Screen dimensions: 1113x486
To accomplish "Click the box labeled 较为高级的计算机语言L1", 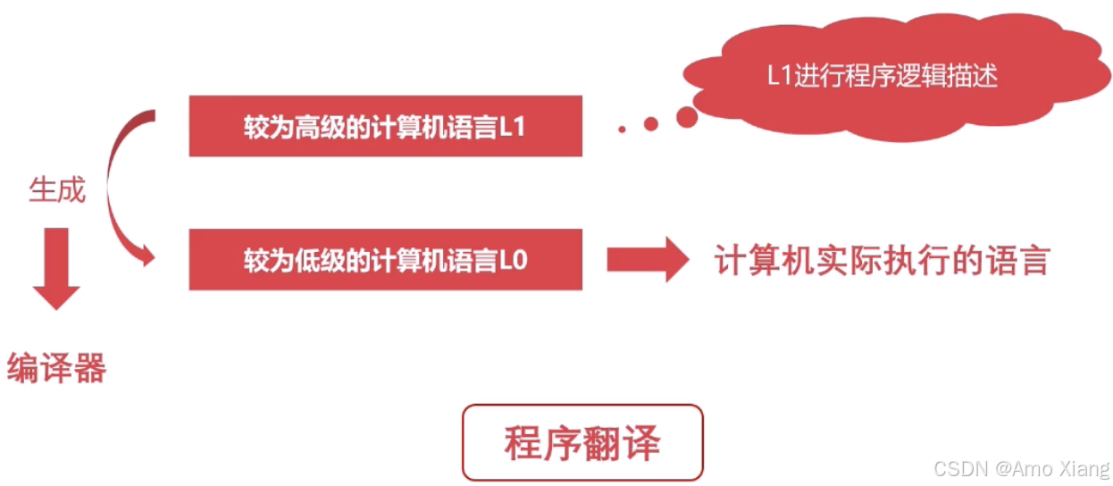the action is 385,126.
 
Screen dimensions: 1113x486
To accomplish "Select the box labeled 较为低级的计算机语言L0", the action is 385,260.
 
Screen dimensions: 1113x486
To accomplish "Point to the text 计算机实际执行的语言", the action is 881,260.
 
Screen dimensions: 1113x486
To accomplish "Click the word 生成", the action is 57,190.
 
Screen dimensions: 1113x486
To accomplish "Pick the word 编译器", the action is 56,367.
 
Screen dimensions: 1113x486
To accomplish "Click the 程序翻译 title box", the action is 582,443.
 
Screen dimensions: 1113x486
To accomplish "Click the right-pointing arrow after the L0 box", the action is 647,260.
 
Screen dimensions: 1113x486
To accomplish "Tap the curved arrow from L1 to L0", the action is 116,188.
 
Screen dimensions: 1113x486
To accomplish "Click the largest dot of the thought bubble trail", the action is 687,116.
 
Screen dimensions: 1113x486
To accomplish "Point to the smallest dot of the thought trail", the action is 622,130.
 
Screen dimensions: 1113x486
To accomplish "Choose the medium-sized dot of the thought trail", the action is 650,124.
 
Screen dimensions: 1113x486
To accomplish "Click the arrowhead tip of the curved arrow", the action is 150,259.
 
